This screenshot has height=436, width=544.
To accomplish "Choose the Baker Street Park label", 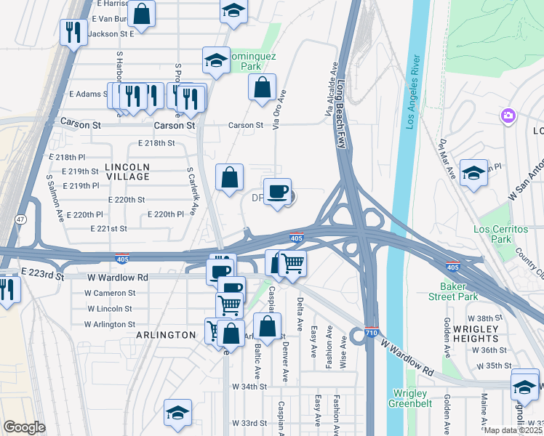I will click(x=458, y=291).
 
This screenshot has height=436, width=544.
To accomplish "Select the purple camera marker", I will click(x=508, y=116).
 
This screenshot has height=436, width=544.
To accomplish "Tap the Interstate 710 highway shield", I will click(x=370, y=331).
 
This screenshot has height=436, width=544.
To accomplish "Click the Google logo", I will click(x=24, y=427).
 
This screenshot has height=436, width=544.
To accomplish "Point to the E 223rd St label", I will click(x=43, y=272).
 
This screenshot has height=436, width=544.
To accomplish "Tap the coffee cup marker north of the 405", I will click(x=277, y=193).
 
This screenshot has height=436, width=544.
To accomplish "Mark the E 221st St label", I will click(x=109, y=228).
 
